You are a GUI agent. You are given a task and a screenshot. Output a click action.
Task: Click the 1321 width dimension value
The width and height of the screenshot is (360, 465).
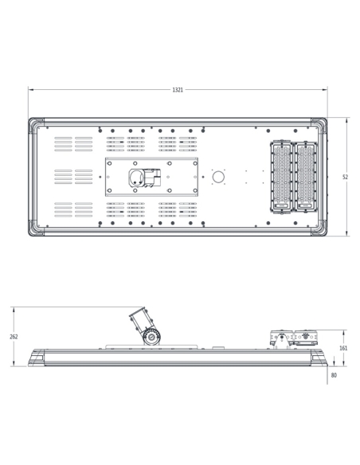(x=178, y=90)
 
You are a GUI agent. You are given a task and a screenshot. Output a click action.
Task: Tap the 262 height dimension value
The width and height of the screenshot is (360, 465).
(x=14, y=337)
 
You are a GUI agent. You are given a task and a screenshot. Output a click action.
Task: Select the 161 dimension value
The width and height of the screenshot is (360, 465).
(x=343, y=348)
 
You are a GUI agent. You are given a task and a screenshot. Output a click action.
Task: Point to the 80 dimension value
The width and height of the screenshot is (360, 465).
(x=333, y=375)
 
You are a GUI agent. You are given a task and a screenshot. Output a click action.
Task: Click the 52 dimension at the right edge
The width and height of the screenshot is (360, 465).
(x=345, y=177)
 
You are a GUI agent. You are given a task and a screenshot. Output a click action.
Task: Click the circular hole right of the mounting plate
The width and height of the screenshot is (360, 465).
(x=218, y=177)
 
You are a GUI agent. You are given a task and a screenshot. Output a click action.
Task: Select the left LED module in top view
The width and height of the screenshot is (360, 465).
(x=282, y=177)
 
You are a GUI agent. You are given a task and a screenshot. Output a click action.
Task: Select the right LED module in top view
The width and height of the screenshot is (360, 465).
(x=306, y=177)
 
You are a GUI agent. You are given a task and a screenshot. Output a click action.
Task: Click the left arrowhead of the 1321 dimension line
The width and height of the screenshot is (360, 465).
(x=30, y=90)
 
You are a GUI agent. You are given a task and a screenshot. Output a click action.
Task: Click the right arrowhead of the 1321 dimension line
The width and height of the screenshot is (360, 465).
(x=325, y=90)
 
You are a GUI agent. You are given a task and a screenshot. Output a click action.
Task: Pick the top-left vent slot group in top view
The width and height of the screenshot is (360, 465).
(x=73, y=143)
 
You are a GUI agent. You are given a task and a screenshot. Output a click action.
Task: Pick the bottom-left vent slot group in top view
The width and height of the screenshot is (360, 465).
(x=73, y=209)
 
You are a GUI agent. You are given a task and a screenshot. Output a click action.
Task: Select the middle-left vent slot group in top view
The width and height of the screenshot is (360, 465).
(x=73, y=176)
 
